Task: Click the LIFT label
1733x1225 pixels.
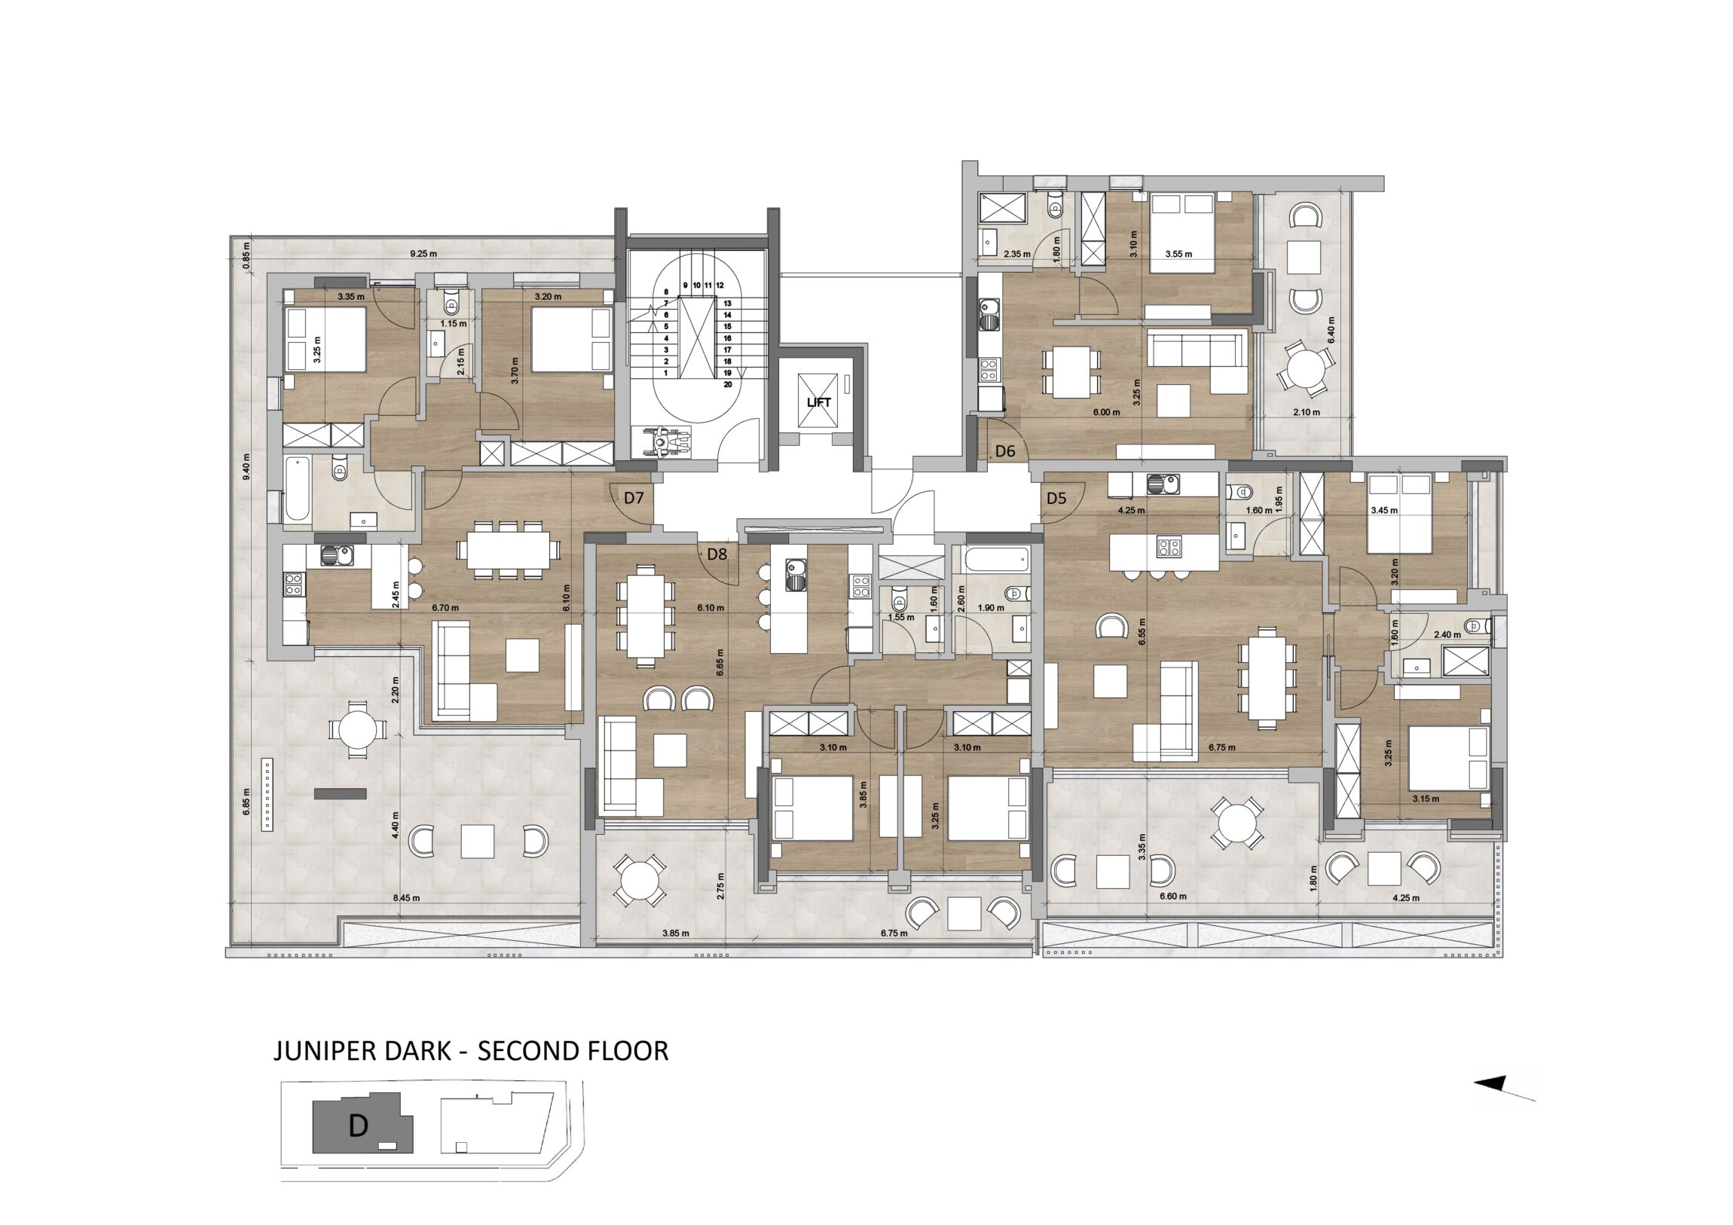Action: coord(818,402)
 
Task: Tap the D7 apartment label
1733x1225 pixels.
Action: coord(633,498)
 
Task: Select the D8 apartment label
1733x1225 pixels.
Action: coord(717,554)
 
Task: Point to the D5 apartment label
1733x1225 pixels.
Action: coord(1056,498)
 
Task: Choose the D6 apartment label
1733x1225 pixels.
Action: coord(1005,452)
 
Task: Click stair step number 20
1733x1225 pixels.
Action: coord(728,384)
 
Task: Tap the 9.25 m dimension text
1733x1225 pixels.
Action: coord(423,254)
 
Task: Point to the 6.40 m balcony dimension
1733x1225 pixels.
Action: coord(1331,330)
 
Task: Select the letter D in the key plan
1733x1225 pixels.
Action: coord(359,1126)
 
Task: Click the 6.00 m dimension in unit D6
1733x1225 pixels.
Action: coord(1103,412)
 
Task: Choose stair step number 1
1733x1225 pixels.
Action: coord(666,373)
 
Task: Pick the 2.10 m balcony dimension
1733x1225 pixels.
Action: coord(1307,412)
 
